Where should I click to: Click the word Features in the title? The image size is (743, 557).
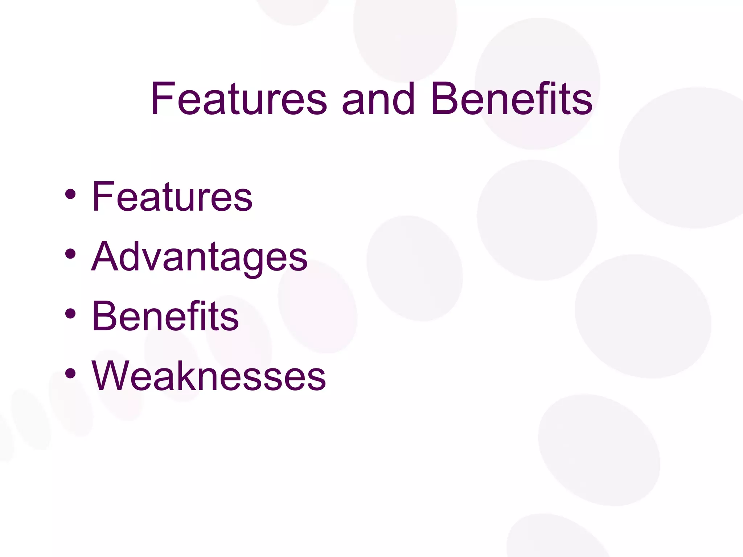(x=239, y=99)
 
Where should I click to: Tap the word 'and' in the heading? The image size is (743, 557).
(x=378, y=99)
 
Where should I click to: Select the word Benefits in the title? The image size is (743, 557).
(x=512, y=99)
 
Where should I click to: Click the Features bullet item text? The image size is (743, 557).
(x=172, y=197)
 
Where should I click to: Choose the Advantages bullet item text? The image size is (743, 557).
(x=199, y=257)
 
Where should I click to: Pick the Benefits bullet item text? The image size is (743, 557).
(x=165, y=316)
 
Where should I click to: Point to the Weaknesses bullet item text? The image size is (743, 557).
(x=209, y=376)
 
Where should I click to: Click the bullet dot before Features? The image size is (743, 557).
(x=70, y=194)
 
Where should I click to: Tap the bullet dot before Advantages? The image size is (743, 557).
(x=70, y=254)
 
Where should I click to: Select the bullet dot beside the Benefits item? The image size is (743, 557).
(x=70, y=314)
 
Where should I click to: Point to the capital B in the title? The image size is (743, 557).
(x=444, y=99)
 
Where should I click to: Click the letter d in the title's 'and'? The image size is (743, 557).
(x=404, y=99)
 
